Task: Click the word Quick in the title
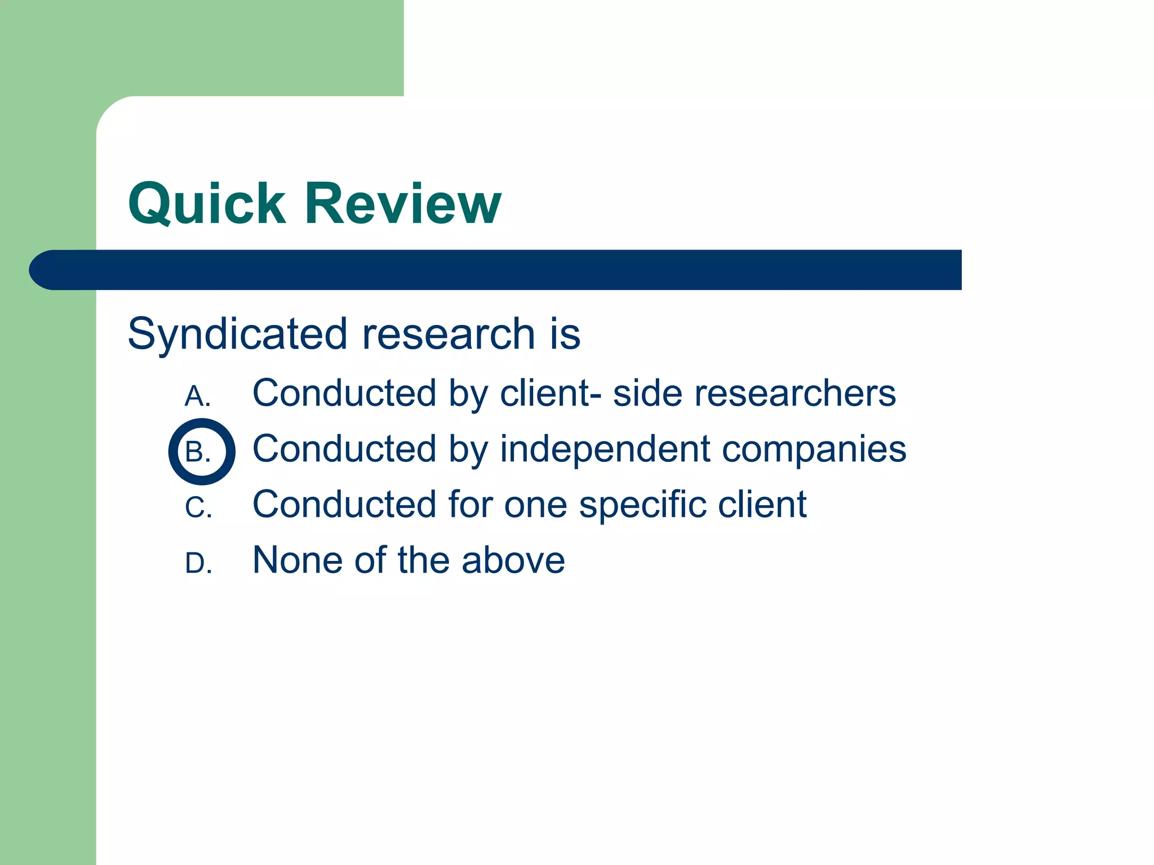click(207, 204)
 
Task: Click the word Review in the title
click(402, 204)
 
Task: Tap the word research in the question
click(448, 335)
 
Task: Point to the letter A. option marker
click(198, 396)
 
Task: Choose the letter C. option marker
click(198, 507)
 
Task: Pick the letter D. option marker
click(198, 563)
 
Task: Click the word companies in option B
click(814, 450)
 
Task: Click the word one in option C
click(535, 505)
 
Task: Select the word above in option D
click(513, 560)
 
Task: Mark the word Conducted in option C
click(344, 505)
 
